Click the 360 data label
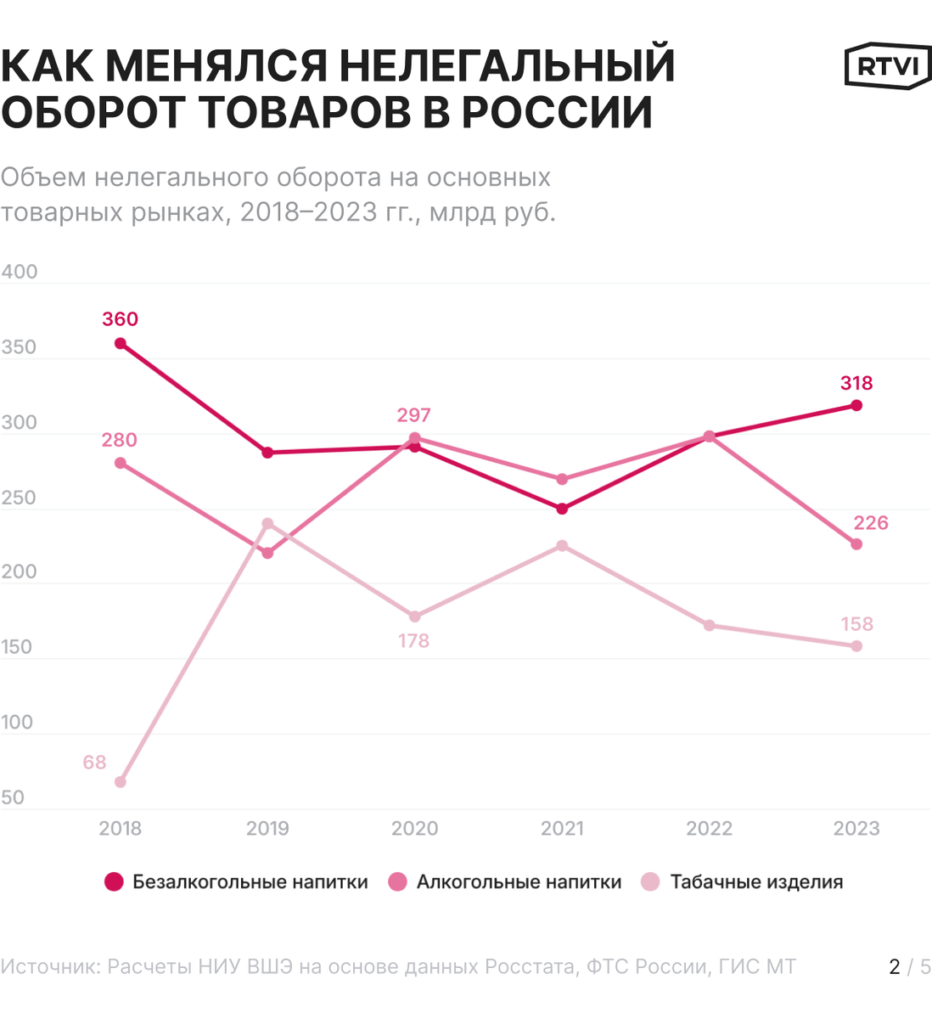click(x=120, y=319)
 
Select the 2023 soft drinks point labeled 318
click(x=856, y=406)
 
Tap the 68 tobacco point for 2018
click(x=121, y=782)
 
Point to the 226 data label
click(x=871, y=523)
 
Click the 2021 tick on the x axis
click(x=562, y=829)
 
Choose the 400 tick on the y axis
click(x=20, y=272)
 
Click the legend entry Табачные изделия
click(x=756, y=882)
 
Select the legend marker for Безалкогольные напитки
click(x=114, y=882)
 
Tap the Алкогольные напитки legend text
click(x=519, y=882)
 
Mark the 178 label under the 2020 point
click(x=413, y=641)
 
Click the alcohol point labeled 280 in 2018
click(x=121, y=463)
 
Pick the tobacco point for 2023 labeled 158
click(x=856, y=646)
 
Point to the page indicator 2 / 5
click(x=909, y=966)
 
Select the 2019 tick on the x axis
click(x=267, y=829)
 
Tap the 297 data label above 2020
click(x=413, y=415)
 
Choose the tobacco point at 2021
click(x=562, y=546)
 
